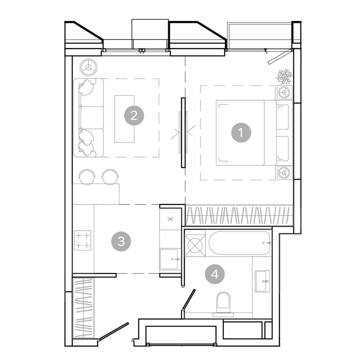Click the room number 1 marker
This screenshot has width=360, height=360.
coord(241,133)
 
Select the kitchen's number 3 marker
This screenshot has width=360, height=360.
coord(121,241)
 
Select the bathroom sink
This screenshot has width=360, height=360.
coord(262,281)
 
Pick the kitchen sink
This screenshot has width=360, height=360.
coord(169,259)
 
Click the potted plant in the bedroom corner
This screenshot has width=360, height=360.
coord(284,76)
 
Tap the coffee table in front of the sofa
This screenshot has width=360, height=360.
coord(124,119)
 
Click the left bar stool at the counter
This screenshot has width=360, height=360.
coord(87,177)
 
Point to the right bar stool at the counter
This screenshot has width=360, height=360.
coord(110,177)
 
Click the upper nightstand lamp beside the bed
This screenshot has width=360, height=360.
coord(283,92)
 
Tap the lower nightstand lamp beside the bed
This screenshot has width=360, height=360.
coord(283,173)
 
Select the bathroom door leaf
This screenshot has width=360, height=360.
coord(189,300)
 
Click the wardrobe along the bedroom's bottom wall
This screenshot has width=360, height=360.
coord(239,216)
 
